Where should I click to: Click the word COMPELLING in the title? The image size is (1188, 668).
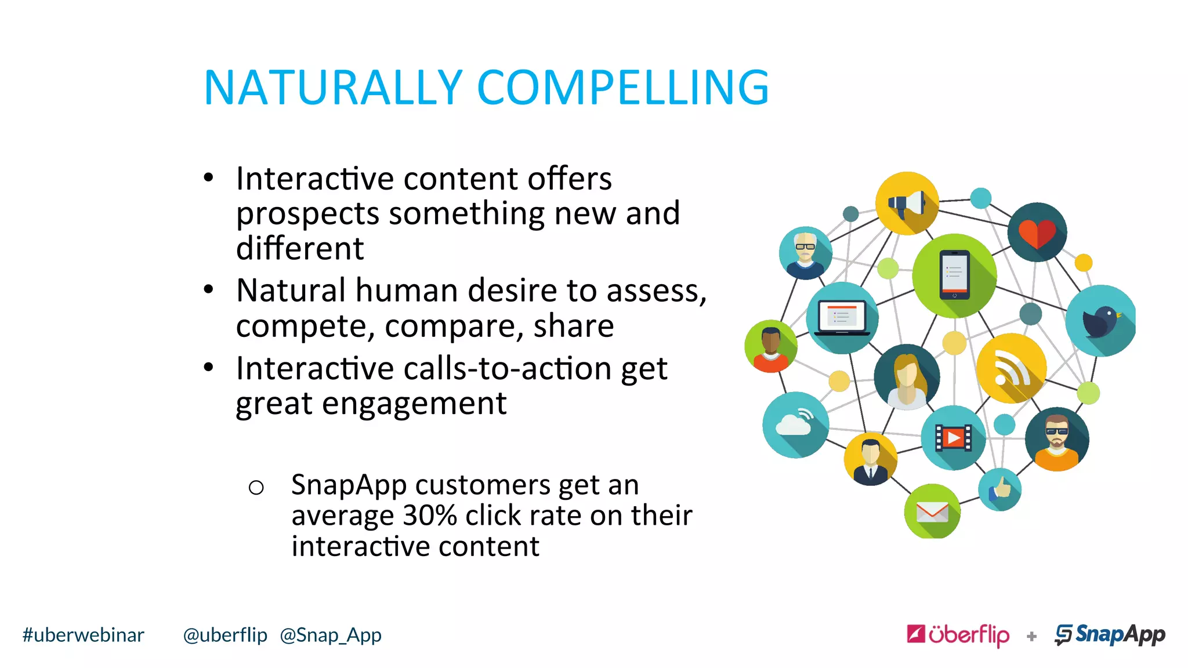[623, 88]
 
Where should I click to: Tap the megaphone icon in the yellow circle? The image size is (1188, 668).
[907, 204]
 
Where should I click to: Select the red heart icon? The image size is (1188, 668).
[1037, 233]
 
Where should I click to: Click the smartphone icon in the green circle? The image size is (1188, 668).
[954, 275]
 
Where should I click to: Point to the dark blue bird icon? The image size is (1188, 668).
[1100, 321]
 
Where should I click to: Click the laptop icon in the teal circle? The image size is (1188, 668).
[842, 318]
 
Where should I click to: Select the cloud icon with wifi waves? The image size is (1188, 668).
[795, 424]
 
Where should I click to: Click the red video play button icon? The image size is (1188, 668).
[953, 438]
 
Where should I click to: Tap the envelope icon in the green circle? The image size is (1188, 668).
[932, 512]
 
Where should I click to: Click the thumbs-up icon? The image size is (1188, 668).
[999, 489]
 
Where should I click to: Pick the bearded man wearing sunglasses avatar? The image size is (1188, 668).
[1057, 439]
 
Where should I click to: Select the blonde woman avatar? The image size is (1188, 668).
[906, 377]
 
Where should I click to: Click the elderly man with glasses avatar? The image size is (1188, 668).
[805, 253]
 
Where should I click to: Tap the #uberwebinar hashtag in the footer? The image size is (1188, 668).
[83, 636]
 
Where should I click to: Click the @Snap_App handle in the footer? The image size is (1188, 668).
[331, 636]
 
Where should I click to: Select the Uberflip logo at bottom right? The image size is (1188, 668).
[958, 635]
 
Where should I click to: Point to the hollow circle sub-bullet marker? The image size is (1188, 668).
[256, 488]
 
